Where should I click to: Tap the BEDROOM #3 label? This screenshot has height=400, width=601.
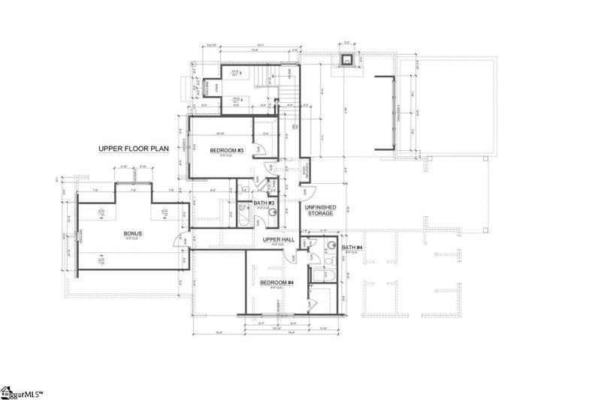click(225, 151)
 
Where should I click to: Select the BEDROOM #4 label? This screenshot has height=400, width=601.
click(276, 283)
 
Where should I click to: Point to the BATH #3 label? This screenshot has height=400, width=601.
click(264, 203)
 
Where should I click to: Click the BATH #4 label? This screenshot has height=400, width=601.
click(352, 247)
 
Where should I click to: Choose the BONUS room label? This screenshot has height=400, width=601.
click(133, 233)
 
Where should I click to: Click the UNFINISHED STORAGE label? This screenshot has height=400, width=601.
click(319, 210)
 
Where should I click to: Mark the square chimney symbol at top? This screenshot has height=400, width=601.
click(348, 62)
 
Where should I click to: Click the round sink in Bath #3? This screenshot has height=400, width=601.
click(273, 212)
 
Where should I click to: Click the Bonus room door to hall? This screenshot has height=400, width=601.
click(178, 239)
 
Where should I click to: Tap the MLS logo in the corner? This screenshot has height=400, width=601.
click(23, 392)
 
